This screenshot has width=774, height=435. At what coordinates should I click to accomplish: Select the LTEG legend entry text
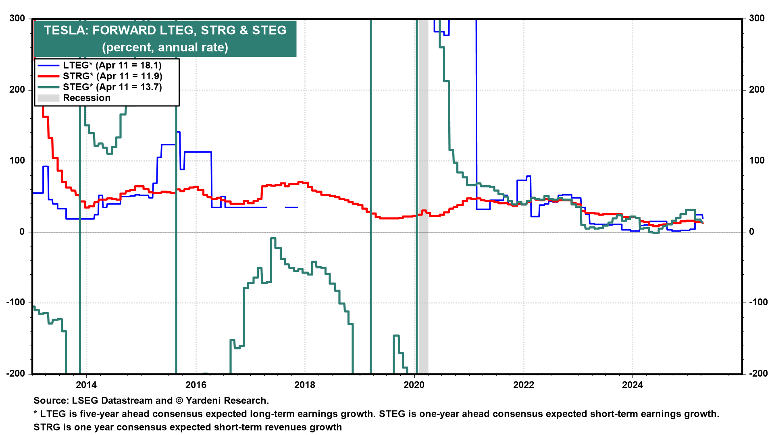coord(112,65)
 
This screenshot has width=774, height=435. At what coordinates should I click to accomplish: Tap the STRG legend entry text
coord(112,76)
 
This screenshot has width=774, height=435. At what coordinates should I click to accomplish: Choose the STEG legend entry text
coord(112,87)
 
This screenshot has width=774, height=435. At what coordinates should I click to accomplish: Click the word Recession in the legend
coord(87,98)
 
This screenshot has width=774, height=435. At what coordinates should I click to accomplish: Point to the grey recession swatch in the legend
coord(48,98)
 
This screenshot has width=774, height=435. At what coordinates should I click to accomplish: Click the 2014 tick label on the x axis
coord(86,385)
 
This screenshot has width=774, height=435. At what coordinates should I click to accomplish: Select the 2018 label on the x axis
coord(305,385)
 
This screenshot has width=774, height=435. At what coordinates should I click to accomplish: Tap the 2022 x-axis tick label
coord(523,385)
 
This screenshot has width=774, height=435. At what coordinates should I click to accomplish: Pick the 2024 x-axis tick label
coord(633,385)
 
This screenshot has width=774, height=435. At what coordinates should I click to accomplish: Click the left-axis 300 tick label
coord(17,19)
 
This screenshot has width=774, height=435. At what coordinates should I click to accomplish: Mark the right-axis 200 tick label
coord(757,89)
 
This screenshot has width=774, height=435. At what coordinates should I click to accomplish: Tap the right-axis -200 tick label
coord(758,373)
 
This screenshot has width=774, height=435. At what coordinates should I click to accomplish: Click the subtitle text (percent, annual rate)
coord(165,47)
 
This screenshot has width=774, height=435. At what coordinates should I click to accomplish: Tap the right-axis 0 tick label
coord(751,232)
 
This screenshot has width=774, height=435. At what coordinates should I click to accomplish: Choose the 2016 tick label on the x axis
coord(196,385)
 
